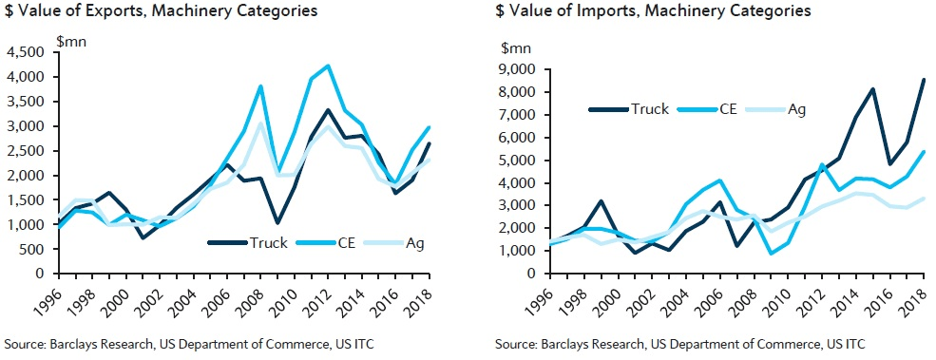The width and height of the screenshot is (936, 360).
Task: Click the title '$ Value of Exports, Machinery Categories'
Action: (x=162, y=10)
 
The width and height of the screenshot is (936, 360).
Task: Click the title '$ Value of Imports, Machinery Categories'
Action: (x=653, y=10)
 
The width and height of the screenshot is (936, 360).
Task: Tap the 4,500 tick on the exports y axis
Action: (x=28, y=52)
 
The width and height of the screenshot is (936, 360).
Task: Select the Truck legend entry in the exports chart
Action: (x=248, y=242)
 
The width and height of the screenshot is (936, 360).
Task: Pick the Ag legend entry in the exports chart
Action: (x=393, y=242)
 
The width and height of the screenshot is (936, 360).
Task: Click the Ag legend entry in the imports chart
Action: (x=781, y=109)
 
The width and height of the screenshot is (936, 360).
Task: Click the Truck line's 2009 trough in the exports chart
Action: (x=277, y=222)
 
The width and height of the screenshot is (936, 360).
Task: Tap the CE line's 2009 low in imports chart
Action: (x=771, y=254)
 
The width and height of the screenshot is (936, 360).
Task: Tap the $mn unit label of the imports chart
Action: (x=516, y=47)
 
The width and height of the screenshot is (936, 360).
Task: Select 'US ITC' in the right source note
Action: (x=848, y=344)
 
